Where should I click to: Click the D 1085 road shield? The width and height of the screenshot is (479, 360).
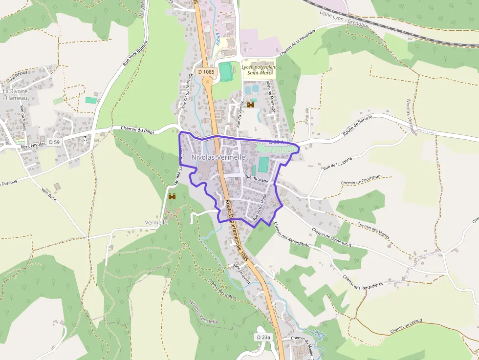(206, 72)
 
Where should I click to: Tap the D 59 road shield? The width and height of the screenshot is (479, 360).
(54, 142)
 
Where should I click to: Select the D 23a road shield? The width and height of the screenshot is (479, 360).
(263, 337)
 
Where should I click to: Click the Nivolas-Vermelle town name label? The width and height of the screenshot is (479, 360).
(218, 157)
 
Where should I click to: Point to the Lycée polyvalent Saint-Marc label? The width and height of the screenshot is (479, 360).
(259, 70)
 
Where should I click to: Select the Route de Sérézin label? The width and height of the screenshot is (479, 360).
(358, 125)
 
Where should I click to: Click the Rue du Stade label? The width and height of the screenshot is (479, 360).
(256, 179)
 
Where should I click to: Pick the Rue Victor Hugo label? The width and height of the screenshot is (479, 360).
(261, 208)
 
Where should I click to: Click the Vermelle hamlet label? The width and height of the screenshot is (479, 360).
(156, 222)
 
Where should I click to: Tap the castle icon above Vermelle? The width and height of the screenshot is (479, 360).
(172, 196)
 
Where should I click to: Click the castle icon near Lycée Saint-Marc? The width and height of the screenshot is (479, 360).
(251, 105)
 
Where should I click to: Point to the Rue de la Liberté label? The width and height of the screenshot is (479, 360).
(338, 161)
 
